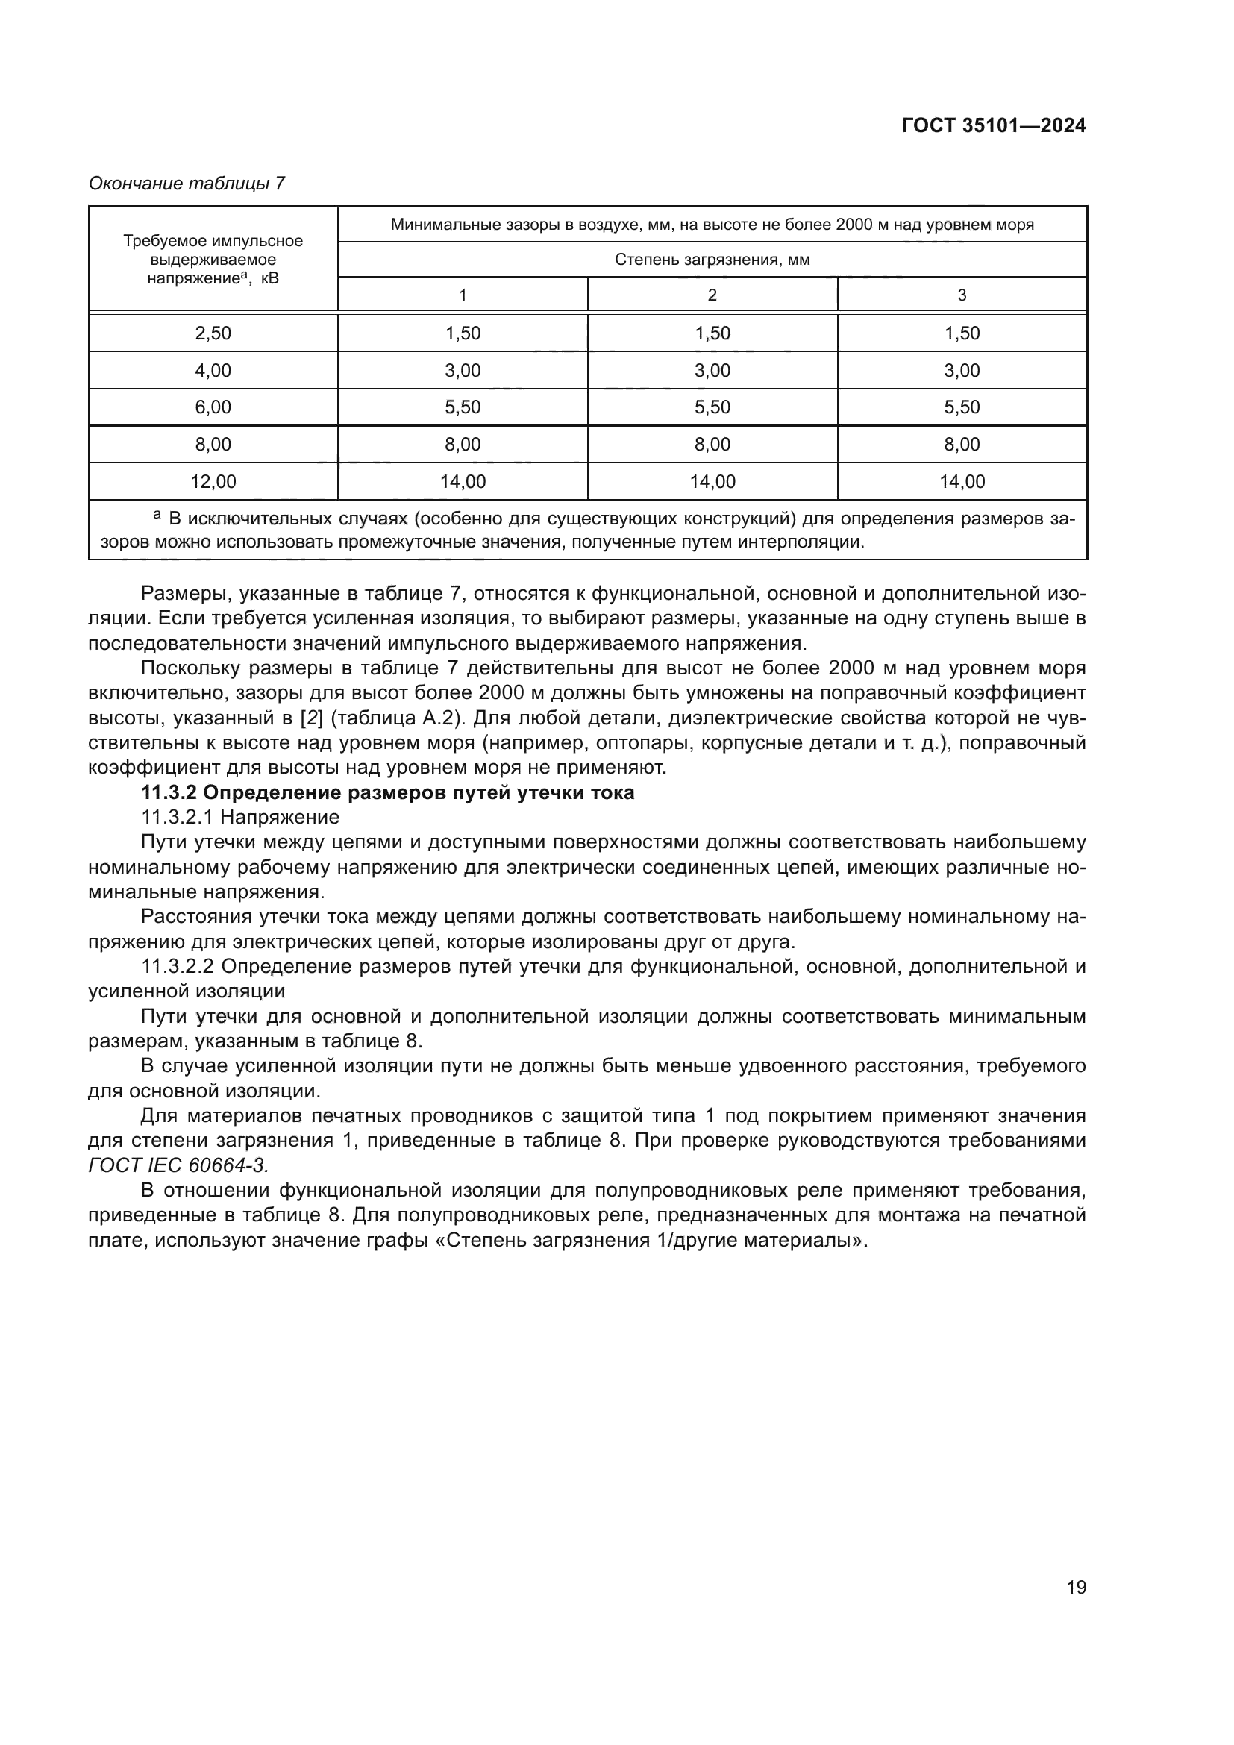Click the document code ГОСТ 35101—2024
[x=993, y=126]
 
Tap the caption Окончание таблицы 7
[x=187, y=184]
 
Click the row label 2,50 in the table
[x=213, y=333]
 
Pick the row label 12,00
[x=213, y=481]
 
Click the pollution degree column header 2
[x=712, y=295]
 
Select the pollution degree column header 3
[x=961, y=295]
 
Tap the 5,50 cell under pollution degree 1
[x=463, y=407]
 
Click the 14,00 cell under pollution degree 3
[x=961, y=481]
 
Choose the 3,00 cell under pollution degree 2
[x=712, y=370]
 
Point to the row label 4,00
[x=213, y=370]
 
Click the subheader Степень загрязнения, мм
[x=712, y=260]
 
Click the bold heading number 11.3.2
[x=169, y=793]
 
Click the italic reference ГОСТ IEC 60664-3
[x=178, y=1165]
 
